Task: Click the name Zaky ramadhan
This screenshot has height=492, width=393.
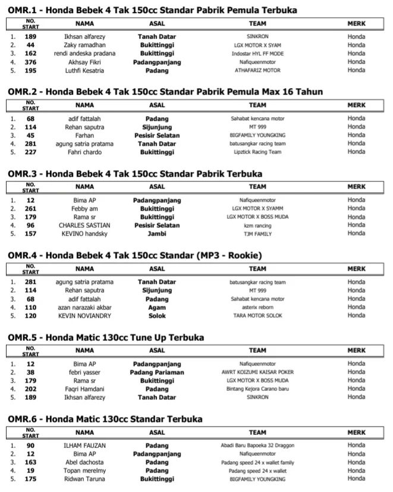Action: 84,45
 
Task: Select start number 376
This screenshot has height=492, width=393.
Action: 30,62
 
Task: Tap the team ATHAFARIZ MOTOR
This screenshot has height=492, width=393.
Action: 257,70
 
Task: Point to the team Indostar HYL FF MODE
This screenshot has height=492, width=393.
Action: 257,54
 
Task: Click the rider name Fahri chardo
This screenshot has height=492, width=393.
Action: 84,152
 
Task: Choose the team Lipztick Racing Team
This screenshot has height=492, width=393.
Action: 257,152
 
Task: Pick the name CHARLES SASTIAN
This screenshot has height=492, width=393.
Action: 84,225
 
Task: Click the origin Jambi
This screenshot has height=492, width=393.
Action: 157,234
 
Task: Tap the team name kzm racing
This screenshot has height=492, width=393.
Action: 257,225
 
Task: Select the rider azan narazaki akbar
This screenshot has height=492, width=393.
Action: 84,307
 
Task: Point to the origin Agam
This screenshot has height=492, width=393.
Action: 157,307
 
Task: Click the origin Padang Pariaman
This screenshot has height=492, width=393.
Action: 157,372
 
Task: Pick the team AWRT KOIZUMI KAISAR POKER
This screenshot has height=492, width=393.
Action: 257,372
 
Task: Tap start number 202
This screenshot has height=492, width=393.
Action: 30,388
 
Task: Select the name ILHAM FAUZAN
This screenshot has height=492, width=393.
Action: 84,446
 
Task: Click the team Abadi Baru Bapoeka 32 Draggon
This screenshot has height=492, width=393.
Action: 257,446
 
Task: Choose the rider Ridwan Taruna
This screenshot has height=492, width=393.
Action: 84,479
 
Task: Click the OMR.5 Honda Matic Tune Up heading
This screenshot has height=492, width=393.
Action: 106,337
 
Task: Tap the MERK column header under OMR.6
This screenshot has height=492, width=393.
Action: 356,433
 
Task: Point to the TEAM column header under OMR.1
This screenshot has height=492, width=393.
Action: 257,24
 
